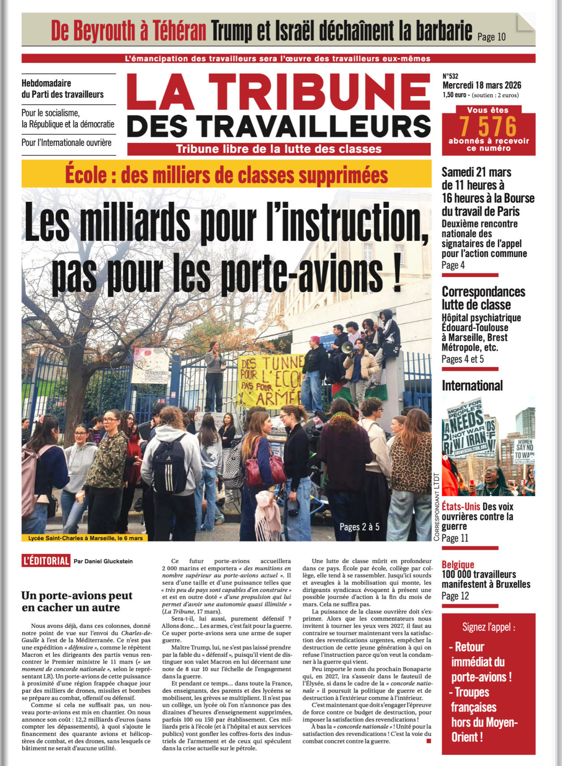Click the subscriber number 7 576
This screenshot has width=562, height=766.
click(x=488, y=127)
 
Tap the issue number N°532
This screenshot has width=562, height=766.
click(x=450, y=77)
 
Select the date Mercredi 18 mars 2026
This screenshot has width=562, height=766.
click(x=481, y=85)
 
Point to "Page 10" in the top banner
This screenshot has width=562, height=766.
click(x=491, y=37)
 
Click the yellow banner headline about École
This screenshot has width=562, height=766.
click(x=227, y=174)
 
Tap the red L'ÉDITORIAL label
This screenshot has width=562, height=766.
click(x=46, y=561)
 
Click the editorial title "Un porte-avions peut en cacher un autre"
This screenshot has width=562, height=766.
click(x=77, y=601)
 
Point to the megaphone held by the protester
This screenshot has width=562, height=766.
click(x=347, y=347)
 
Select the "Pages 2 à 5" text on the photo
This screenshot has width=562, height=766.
click(x=359, y=527)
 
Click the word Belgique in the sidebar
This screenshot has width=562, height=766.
click(x=458, y=564)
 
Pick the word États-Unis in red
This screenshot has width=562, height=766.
click(x=461, y=506)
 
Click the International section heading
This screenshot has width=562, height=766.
click(x=472, y=386)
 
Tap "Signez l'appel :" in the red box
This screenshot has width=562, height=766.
click(x=489, y=627)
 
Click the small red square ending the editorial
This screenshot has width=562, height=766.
click(x=429, y=741)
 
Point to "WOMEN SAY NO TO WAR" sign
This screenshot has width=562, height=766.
click(x=524, y=448)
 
